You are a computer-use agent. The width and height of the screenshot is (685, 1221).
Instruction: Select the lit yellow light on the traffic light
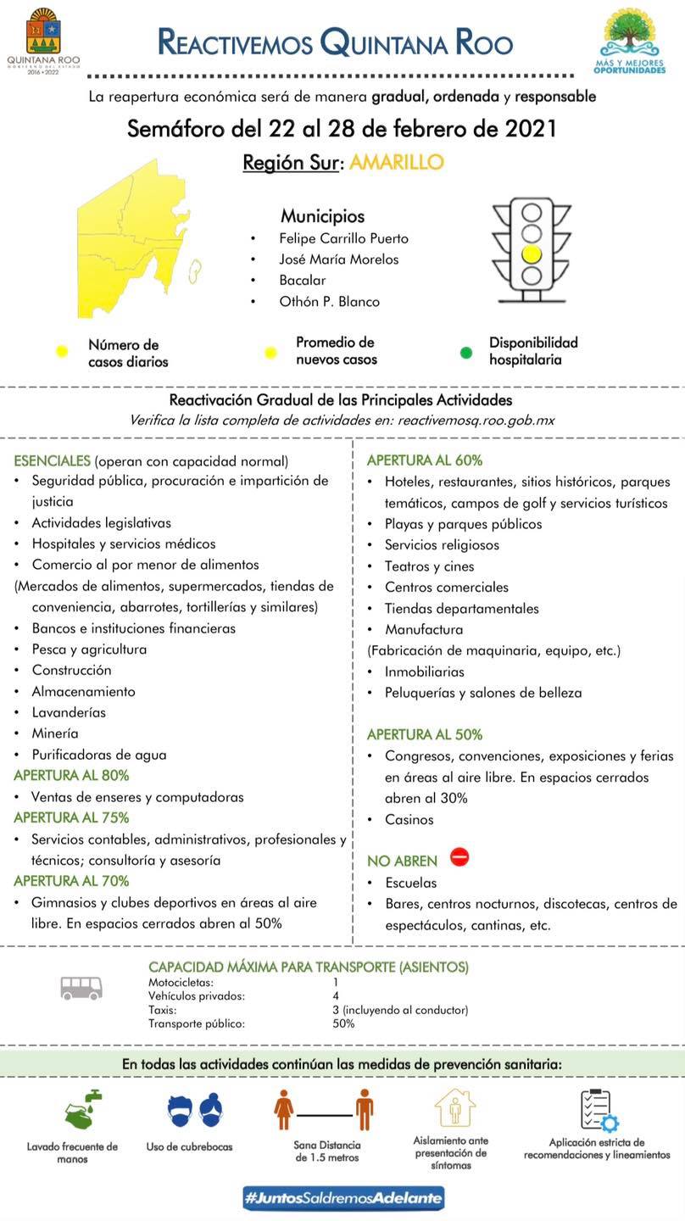(x=532, y=253)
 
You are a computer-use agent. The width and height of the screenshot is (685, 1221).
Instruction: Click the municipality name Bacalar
(x=303, y=280)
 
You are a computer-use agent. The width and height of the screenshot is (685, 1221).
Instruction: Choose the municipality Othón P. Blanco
(x=329, y=301)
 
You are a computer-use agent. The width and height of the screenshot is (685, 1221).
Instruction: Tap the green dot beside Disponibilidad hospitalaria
(x=465, y=352)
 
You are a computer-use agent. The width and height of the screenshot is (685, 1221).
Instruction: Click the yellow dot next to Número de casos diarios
(x=61, y=352)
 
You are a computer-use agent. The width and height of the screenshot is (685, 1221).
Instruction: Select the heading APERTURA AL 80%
(x=72, y=775)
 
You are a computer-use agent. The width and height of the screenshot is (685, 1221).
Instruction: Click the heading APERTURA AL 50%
(x=425, y=734)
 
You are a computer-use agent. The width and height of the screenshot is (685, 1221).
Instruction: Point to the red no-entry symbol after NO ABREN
(x=459, y=857)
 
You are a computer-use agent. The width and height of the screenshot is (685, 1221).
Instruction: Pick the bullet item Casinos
(x=409, y=819)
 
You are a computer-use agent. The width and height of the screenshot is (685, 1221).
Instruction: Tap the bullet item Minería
(x=55, y=733)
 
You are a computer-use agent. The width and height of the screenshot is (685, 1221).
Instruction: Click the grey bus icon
(x=81, y=987)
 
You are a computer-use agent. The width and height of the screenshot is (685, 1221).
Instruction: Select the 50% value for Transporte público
(x=344, y=1023)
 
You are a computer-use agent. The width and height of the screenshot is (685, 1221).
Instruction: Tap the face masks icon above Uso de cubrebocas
(x=196, y=1110)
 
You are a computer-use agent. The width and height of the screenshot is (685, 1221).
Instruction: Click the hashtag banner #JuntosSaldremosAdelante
(x=342, y=1198)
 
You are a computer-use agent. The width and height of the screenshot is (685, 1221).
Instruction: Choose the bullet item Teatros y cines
(x=429, y=566)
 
